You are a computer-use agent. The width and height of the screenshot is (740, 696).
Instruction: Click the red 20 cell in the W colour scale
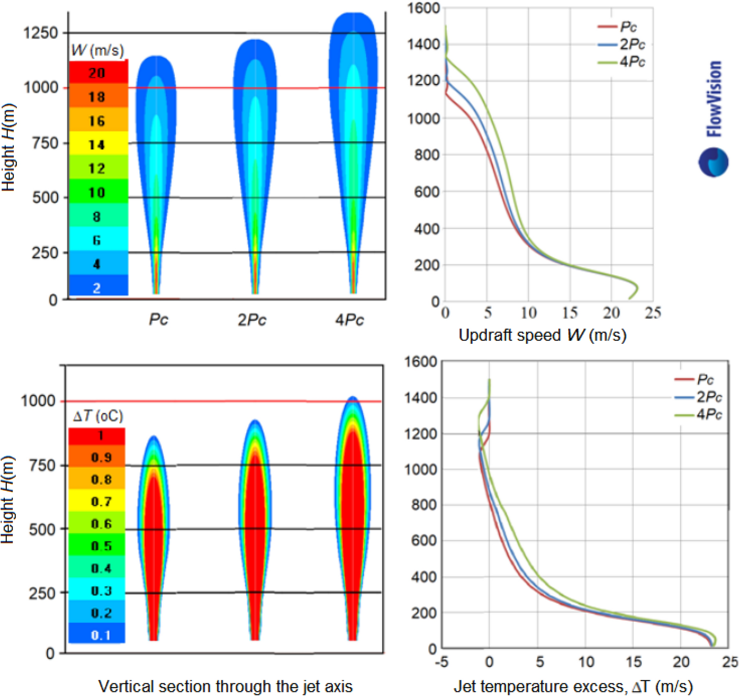tap(98, 73)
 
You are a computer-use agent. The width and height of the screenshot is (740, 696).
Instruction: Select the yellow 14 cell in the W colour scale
tap(98, 144)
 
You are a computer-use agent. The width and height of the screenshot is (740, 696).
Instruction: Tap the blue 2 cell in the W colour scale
tap(98, 287)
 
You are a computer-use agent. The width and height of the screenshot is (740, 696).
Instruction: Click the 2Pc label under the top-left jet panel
tap(252, 320)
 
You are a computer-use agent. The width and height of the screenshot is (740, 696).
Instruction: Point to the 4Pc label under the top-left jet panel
tap(349, 320)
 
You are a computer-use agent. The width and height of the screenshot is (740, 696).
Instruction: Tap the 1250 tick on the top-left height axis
tap(41, 33)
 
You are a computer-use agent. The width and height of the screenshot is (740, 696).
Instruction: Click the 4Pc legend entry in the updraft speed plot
tap(631, 62)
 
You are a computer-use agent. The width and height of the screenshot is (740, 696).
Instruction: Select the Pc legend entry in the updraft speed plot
tap(627, 27)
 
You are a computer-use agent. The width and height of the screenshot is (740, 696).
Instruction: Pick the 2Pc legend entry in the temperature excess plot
tap(709, 396)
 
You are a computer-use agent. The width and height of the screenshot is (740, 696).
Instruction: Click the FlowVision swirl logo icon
tap(713, 162)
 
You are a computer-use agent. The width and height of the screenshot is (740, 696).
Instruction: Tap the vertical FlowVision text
tap(714, 99)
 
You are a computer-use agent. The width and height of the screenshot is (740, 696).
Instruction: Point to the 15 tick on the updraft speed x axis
tap(570, 312)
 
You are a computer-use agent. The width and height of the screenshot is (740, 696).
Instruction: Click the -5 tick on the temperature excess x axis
tap(442, 662)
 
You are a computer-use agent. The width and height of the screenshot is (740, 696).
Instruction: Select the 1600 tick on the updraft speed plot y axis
tap(423, 8)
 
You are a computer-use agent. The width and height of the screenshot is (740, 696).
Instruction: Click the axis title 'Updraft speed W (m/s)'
tap(542, 335)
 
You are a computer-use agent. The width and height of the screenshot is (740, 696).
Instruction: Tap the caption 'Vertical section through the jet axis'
tap(225, 686)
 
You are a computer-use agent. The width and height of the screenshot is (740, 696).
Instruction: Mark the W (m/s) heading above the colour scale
tap(97, 50)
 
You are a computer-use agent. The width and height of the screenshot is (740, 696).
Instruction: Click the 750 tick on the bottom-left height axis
tap(42, 465)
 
